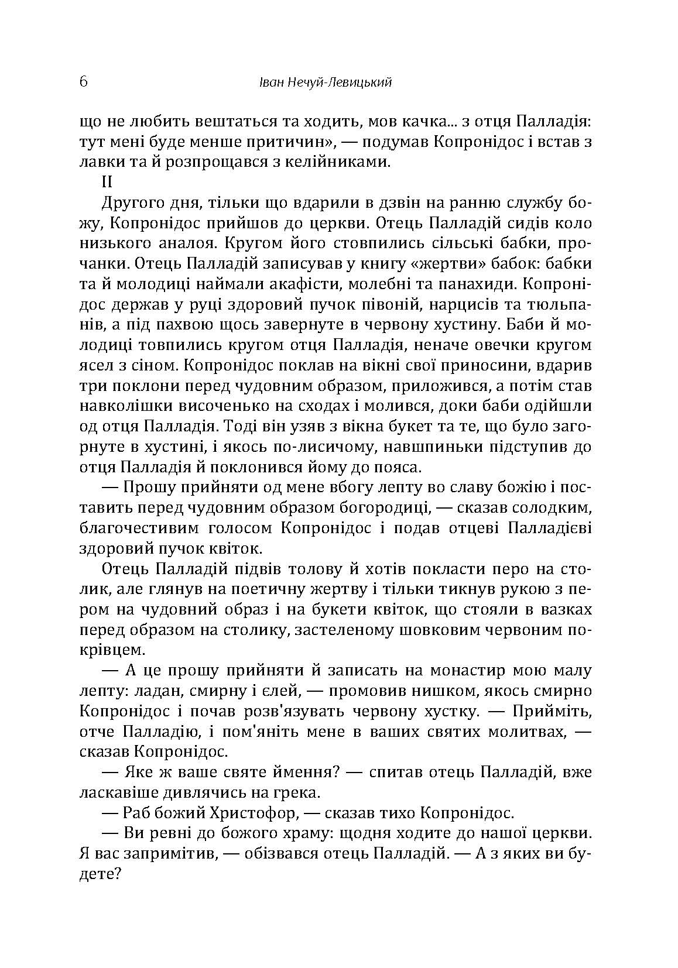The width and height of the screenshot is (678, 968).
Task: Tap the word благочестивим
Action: (x=137, y=528)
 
